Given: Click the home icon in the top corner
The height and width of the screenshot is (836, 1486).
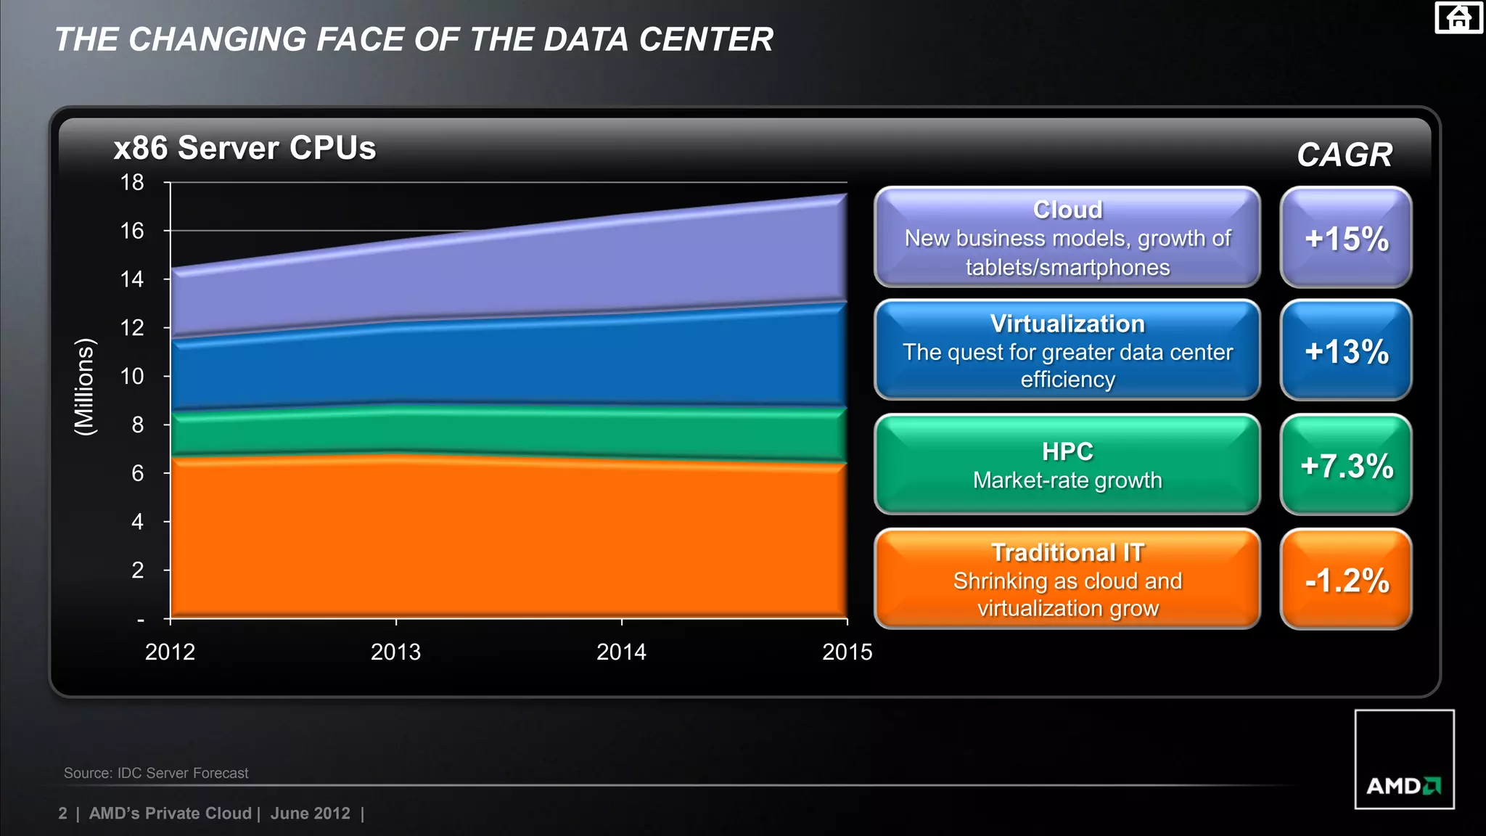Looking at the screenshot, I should pyautogui.click(x=1458, y=17).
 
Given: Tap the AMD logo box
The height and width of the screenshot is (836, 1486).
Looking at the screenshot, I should pyautogui.click(x=1404, y=759).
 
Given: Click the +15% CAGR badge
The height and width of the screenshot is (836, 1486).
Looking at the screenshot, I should pyautogui.click(x=1346, y=238).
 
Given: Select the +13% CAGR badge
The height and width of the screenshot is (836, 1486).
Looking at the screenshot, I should pyautogui.click(x=1346, y=351).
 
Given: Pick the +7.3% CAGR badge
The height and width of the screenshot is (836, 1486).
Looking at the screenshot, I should pyautogui.click(x=1346, y=465).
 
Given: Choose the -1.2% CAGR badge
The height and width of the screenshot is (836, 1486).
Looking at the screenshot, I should pyautogui.click(x=1346, y=580).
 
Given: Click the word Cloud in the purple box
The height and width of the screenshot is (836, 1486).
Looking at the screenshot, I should pyautogui.click(x=1067, y=210).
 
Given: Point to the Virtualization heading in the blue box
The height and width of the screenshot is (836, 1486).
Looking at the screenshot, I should pyautogui.click(x=1067, y=324).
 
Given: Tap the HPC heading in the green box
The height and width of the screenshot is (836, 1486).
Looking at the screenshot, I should pyautogui.click(x=1067, y=451).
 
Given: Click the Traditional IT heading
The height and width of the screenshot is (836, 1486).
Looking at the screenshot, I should pyautogui.click(x=1067, y=553).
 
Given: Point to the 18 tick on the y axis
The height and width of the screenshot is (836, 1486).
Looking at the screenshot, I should pyautogui.click(x=132, y=182).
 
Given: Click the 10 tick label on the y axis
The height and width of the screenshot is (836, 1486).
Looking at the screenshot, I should pyautogui.click(x=132, y=376).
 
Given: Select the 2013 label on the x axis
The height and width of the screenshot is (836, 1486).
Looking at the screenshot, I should pyautogui.click(x=395, y=652).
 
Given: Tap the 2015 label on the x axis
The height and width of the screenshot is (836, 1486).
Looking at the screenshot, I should pyautogui.click(x=847, y=652).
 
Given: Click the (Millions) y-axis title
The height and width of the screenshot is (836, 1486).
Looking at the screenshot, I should pyautogui.click(x=85, y=387).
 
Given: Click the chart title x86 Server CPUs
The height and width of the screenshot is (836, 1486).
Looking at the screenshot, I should pyautogui.click(x=245, y=148).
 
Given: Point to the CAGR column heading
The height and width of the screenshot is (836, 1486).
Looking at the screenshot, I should pyautogui.click(x=1345, y=155).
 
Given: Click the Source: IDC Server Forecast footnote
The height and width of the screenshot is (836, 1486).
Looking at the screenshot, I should pyautogui.click(x=156, y=773).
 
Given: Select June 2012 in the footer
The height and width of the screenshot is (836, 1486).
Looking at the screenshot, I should pyautogui.click(x=310, y=814).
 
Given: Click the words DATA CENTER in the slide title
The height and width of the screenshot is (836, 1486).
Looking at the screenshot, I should pyautogui.click(x=658, y=39).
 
